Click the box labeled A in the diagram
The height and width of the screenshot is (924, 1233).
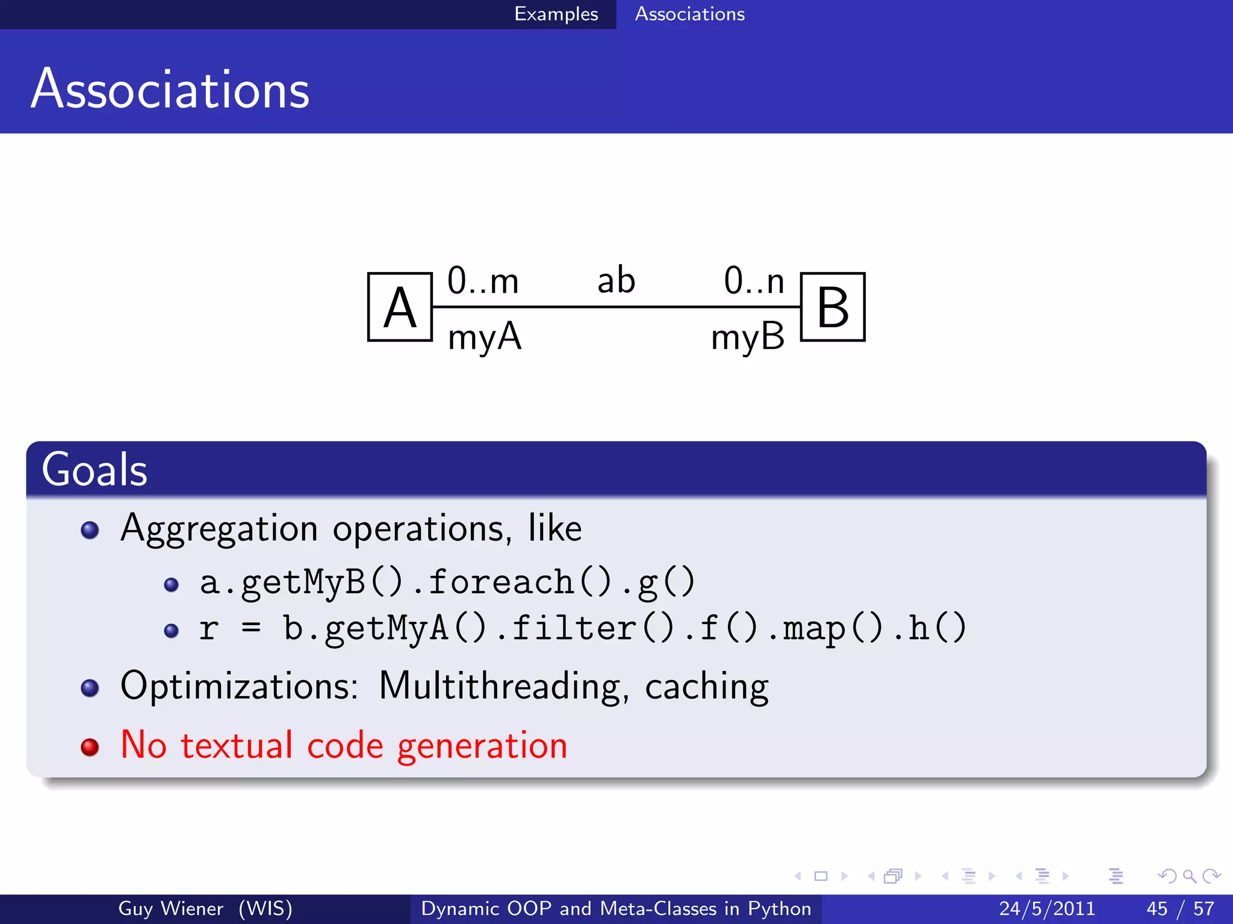400,307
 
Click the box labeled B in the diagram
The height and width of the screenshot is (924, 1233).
833,307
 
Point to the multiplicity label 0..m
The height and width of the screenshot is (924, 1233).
483,281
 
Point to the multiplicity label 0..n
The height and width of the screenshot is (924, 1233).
754,281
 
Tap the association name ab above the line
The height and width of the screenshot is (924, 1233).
616,281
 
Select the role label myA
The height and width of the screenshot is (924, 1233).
484,337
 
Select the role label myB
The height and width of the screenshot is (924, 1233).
748,337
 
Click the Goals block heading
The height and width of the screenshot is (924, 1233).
95,470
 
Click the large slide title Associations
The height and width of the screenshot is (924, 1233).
170,90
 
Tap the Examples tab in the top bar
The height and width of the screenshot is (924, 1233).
556,14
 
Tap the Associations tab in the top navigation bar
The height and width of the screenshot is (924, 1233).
690,14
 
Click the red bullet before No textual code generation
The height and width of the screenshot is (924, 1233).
90,747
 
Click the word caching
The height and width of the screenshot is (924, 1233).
706,688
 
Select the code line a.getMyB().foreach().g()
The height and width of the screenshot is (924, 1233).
447,583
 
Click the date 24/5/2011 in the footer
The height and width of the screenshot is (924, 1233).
1047,908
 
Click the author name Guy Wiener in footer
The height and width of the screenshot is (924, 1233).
170,908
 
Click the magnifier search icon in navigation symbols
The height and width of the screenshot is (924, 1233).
1189,876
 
